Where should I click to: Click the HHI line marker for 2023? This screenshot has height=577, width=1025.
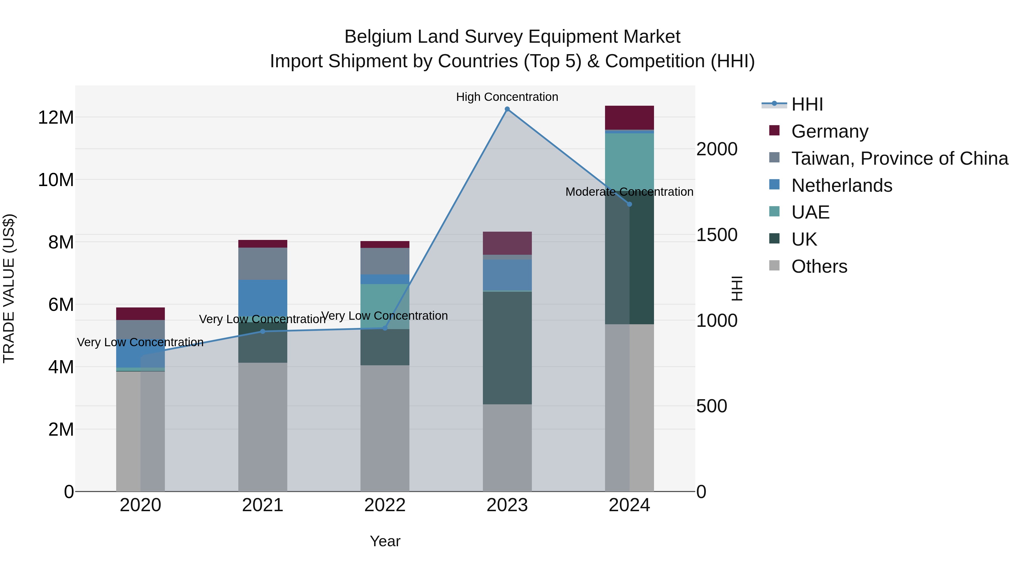[x=507, y=109]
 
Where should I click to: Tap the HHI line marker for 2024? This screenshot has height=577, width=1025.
[x=629, y=204]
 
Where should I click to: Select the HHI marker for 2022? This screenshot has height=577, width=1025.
[x=385, y=328]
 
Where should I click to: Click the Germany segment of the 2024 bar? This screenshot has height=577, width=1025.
[x=629, y=117]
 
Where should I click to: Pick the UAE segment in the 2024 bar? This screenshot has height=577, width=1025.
[x=629, y=159]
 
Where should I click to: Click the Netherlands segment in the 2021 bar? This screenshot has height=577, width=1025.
[x=263, y=297]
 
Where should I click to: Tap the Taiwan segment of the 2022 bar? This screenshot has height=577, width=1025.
[x=385, y=261]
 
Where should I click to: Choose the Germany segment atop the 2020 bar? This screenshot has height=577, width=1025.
[x=140, y=313]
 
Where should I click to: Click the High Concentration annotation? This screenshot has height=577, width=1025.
[x=507, y=97]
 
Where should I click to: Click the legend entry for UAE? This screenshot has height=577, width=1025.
[x=810, y=212]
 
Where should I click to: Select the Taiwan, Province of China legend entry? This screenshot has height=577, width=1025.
[x=899, y=158]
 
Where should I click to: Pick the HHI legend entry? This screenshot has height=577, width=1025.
[x=807, y=104]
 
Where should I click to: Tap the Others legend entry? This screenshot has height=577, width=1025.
[x=819, y=266]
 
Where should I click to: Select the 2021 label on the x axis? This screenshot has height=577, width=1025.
[x=263, y=505]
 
